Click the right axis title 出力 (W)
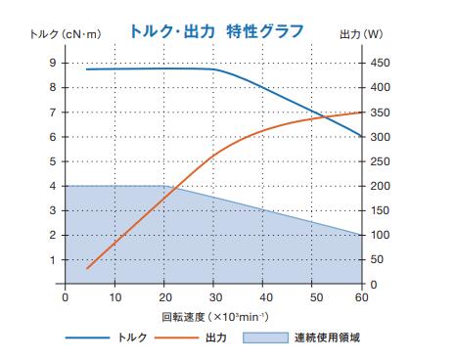(x=390, y=35)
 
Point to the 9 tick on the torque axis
(x=52, y=63)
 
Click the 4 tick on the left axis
(x=52, y=186)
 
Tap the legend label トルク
(x=133, y=338)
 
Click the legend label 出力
(x=216, y=338)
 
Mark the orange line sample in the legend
(x=177, y=338)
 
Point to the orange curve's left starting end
(x=87, y=268)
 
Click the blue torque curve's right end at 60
(x=363, y=136)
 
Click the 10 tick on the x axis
(x=115, y=297)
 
